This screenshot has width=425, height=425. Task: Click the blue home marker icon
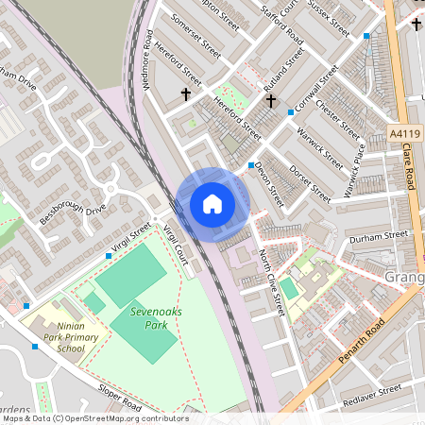[212, 204]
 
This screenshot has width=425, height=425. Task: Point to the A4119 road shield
[402, 136]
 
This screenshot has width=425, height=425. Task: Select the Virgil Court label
[176, 243]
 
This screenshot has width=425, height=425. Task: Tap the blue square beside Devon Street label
[251, 166]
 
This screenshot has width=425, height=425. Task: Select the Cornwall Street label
[315, 88]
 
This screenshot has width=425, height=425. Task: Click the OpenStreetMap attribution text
[94, 417]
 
